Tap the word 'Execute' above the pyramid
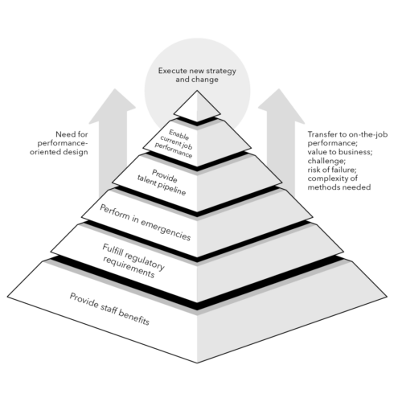(173, 70)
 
